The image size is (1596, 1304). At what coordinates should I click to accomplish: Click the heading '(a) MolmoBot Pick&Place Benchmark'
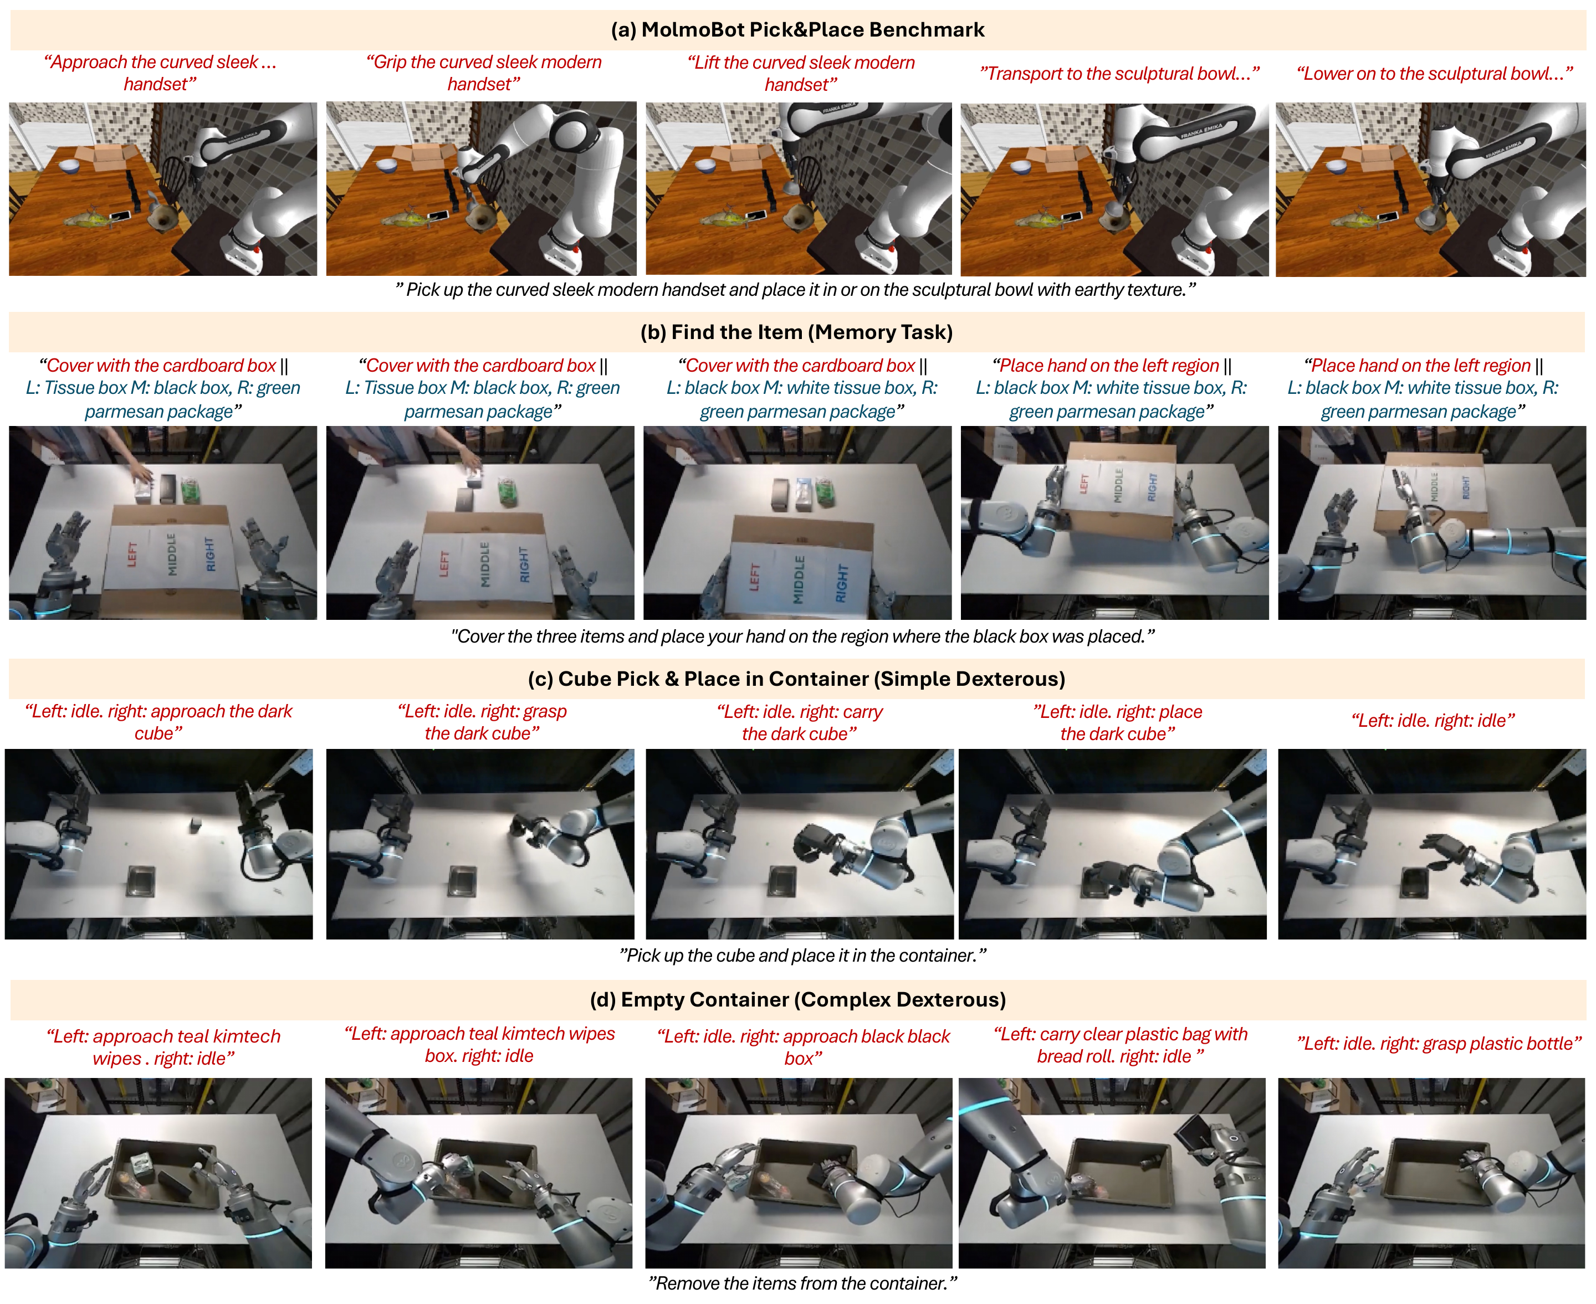[x=797, y=29]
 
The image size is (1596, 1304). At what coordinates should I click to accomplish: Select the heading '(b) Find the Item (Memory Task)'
[x=796, y=332]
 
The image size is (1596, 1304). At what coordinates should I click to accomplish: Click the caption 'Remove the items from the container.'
[x=802, y=1283]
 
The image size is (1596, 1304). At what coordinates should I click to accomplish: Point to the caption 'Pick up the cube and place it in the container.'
[x=802, y=956]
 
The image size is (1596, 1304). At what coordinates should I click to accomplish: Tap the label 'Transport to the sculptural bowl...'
[x=1119, y=74]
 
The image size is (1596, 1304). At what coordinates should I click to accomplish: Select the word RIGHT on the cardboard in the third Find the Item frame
[x=842, y=584]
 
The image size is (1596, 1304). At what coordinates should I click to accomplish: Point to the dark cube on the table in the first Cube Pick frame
[x=196, y=825]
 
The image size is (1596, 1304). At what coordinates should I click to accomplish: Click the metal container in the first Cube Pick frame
[x=141, y=881]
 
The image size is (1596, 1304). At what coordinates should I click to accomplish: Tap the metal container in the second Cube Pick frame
[x=463, y=881]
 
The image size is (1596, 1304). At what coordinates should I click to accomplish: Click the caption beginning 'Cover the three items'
[x=802, y=636]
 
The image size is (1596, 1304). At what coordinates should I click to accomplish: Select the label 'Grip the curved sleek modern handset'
[x=484, y=73]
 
